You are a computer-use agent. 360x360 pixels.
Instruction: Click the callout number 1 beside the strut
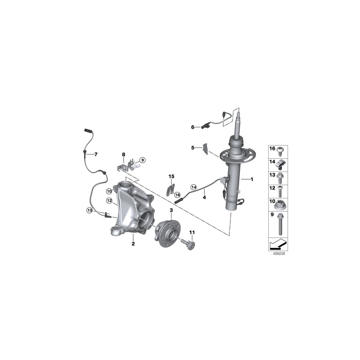pyautogui.click(x=252, y=179)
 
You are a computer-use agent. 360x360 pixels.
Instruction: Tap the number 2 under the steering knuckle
pyautogui.click(x=133, y=244)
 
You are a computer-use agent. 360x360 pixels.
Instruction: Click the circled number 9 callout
pyautogui.click(x=142, y=160)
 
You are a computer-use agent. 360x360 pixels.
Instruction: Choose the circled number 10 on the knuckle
pyautogui.click(x=109, y=191)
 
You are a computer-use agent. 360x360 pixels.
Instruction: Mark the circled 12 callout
pyautogui.click(x=109, y=201)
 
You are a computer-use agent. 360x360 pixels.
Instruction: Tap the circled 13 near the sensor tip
pyautogui.click(x=90, y=210)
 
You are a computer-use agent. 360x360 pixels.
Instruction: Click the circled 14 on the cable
pyautogui.click(x=194, y=187)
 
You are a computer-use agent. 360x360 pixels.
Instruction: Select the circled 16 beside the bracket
pyautogui.click(x=177, y=195)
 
